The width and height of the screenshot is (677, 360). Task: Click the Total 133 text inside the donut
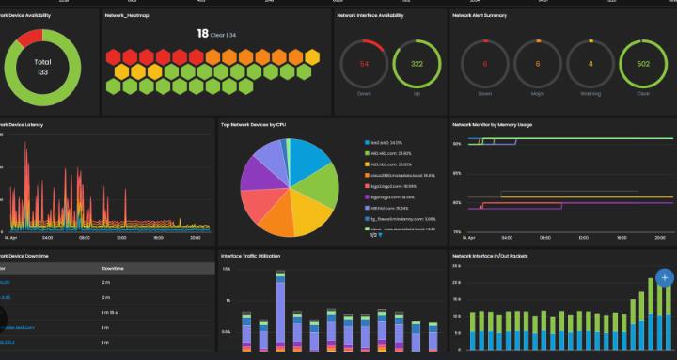pos(42,66)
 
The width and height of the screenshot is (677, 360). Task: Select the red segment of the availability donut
pos(30,38)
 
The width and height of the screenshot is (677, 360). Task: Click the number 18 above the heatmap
pos(201,34)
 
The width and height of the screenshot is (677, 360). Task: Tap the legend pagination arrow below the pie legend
pos(379,235)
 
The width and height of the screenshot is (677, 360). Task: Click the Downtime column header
pos(114,269)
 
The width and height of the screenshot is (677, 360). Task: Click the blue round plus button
pos(664,277)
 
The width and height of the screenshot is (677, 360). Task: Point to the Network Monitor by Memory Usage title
pos(492,124)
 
